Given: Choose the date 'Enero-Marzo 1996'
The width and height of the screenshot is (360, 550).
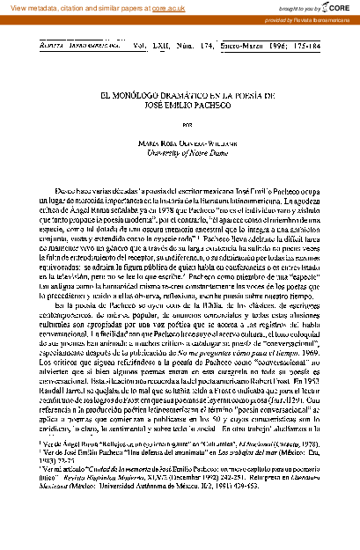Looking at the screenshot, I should click(238, 40).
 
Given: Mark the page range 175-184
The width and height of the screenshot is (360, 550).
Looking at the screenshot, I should click(295, 40).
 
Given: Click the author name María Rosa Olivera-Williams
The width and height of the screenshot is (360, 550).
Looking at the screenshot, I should click(180, 144).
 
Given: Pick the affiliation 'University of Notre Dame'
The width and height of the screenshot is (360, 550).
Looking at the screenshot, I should click(180, 154).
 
